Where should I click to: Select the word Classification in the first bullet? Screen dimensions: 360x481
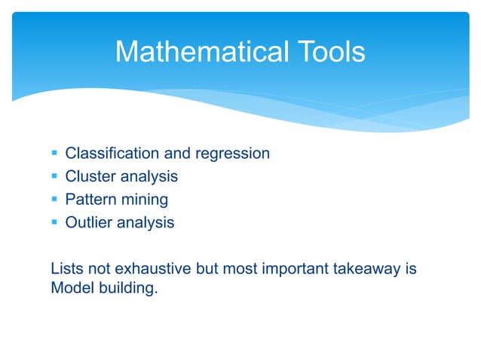(112, 154)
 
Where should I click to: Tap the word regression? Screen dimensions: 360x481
(232, 154)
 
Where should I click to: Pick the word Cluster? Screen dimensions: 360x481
(89, 177)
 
